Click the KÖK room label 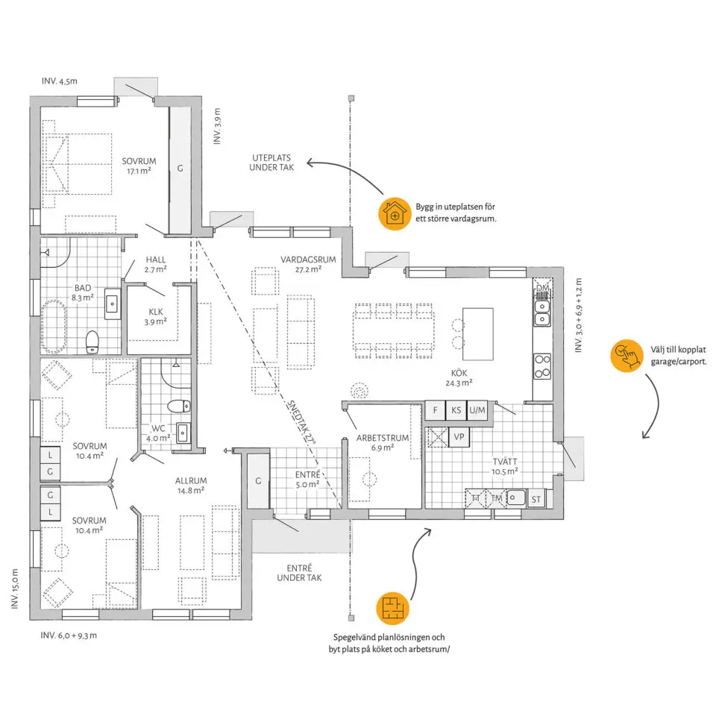click(459, 373)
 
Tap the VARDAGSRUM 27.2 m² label click(308, 264)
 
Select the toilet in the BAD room click(92, 342)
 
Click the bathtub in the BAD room click(54, 326)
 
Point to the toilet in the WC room click(178, 406)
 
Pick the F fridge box click(435, 410)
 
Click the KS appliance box click(456, 410)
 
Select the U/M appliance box click(477, 410)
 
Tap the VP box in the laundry click(459, 437)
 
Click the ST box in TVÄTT click(536, 499)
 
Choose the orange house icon click(395, 214)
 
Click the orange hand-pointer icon click(627, 356)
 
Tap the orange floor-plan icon click(393, 609)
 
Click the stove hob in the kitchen click(542, 365)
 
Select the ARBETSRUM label click(383, 438)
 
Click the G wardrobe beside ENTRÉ click(259, 481)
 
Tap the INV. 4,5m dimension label click(60, 81)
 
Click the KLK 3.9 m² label click(156, 316)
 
